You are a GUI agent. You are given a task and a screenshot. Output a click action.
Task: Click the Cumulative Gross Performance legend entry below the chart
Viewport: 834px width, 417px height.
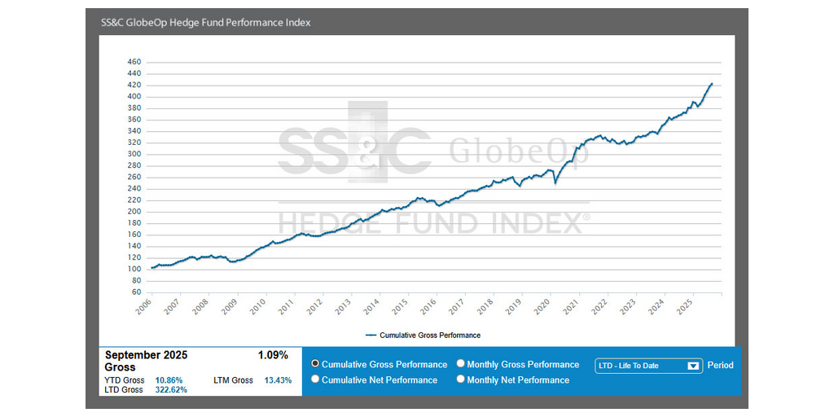pos(423,335)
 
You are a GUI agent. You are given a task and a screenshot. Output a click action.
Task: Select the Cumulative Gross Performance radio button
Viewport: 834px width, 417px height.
pos(316,364)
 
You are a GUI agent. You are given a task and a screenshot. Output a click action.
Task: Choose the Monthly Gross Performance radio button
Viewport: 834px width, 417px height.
pos(461,364)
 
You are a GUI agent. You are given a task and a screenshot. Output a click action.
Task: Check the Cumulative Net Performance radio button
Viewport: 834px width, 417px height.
pos(316,380)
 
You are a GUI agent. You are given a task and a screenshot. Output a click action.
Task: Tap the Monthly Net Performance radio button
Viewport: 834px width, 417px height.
pos(461,380)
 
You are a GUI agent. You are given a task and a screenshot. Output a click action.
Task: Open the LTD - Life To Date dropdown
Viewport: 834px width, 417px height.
pos(648,366)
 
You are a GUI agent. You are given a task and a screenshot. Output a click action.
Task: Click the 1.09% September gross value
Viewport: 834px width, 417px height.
pos(273,355)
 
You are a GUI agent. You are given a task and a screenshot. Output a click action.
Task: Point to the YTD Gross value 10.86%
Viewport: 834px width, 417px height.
pos(169,380)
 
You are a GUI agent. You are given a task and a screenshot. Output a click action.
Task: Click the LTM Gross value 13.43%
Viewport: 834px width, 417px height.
pos(278,380)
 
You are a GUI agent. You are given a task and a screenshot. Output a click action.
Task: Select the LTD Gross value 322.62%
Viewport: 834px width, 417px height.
pos(171,390)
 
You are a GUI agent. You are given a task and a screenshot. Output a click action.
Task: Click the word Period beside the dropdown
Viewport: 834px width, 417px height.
pos(720,366)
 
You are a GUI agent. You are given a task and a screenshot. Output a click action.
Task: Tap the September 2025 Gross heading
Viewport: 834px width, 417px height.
pos(147,361)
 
